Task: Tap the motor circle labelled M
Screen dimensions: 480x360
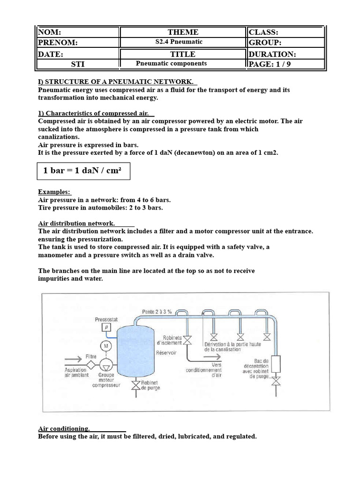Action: [x=106, y=346]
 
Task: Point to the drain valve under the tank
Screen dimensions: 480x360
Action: [x=136, y=385]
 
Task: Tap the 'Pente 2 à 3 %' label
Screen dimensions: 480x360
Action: [x=157, y=311]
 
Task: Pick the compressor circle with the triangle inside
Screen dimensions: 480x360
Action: [x=106, y=364]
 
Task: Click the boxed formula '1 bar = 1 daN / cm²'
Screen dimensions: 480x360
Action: [x=83, y=171]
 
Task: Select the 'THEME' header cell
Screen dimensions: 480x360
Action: [x=183, y=32]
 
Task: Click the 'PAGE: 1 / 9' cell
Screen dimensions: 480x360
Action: [x=285, y=64]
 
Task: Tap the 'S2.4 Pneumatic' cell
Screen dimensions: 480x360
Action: [x=183, y=42]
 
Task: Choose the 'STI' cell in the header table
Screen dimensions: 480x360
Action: [x=78, y=64]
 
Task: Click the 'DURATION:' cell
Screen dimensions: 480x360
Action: [x=285, y=54]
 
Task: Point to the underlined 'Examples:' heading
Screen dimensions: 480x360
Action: [x=54, y=192]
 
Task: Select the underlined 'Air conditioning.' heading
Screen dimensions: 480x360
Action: [x=64, y=428]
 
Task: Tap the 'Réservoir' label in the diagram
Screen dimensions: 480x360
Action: [x=166, y=352]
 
